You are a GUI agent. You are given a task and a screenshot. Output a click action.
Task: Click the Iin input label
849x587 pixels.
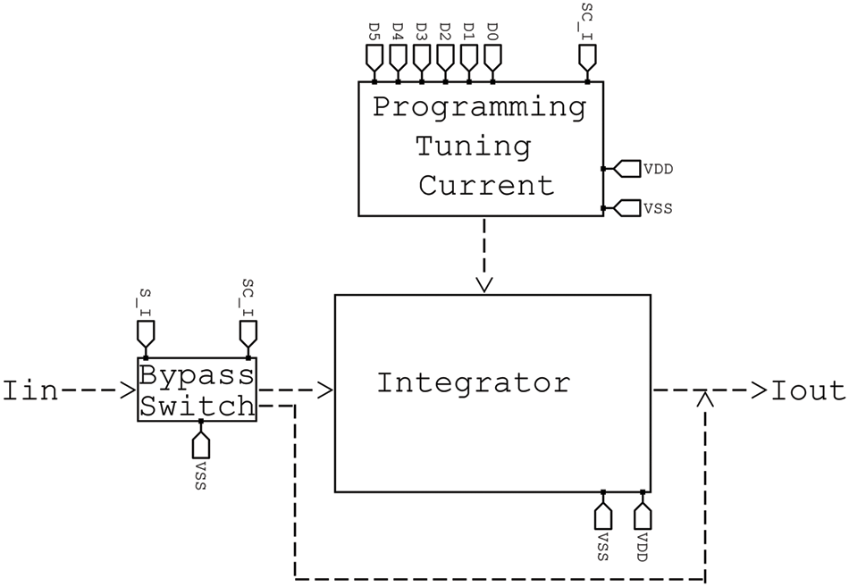29,390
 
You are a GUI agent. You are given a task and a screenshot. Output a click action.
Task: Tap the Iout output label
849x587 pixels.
809,390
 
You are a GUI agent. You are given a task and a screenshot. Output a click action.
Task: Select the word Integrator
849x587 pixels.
474,383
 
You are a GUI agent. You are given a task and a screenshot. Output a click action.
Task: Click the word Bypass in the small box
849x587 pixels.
198,375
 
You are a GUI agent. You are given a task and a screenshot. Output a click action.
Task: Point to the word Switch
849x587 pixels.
198,406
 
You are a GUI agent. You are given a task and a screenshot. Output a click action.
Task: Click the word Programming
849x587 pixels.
480,106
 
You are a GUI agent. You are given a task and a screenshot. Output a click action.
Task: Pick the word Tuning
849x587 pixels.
474,147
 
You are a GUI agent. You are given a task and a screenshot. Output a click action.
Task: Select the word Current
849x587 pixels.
486,185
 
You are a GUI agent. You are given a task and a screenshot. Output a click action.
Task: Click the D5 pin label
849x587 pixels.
374,30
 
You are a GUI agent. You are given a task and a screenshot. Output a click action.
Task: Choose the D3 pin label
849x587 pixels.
421,30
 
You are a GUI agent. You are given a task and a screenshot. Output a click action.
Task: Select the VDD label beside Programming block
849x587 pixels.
658,170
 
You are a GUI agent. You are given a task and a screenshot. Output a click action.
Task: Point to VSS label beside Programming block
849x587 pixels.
658,208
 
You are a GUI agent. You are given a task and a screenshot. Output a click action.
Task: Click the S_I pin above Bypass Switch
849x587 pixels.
146,333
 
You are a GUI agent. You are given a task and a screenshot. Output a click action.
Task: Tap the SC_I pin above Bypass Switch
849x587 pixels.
248,333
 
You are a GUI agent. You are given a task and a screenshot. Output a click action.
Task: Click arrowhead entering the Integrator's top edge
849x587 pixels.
484,285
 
